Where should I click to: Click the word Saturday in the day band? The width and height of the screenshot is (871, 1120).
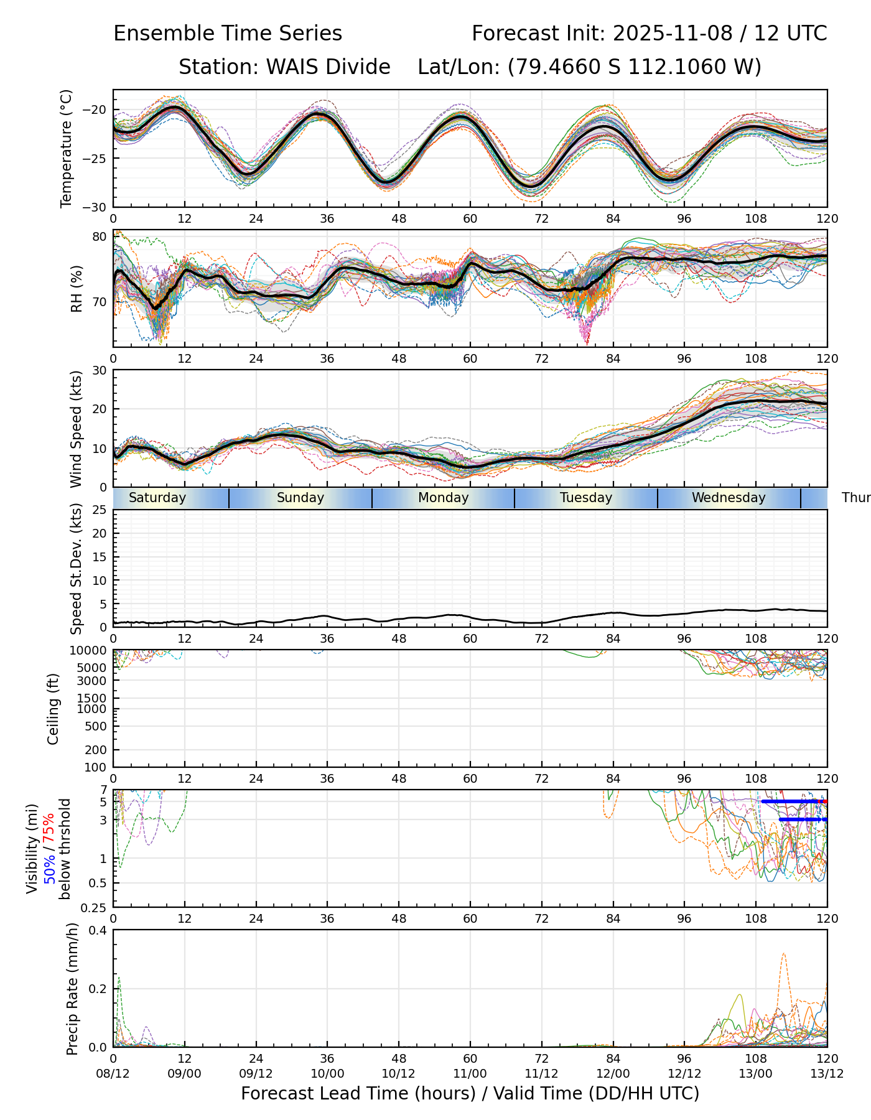pos(157,498)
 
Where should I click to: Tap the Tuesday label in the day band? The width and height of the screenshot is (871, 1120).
pos(586,498)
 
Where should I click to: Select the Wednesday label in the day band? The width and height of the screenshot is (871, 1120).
pos(729,498)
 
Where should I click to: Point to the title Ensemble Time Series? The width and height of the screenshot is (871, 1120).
pos(228,34)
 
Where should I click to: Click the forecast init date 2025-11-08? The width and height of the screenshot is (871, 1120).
pos(673,34)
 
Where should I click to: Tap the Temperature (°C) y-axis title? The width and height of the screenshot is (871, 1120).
pos(67,148)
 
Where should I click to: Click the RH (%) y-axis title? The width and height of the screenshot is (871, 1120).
pos(77,289)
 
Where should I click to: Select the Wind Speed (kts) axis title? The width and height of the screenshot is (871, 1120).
pos(77,429)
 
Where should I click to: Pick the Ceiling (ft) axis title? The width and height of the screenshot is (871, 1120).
pos(54,709)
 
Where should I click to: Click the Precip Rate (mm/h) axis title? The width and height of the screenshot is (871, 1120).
pos(73,989)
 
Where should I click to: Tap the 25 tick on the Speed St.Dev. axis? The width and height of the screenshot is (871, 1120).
pos(100,510)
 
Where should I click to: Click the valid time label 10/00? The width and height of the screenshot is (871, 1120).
pos(327,1074)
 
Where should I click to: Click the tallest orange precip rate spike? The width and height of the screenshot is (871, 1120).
pos(783,954)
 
